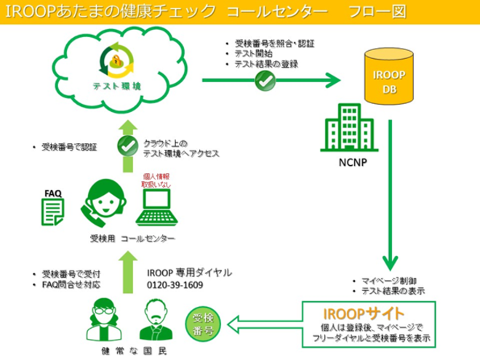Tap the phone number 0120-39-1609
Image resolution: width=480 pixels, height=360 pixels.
[175, 285]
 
